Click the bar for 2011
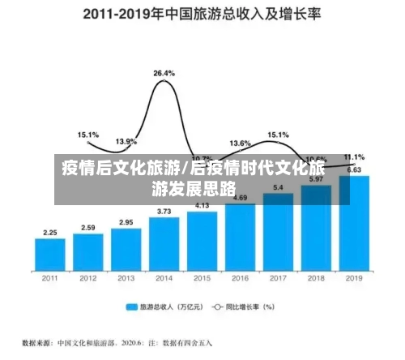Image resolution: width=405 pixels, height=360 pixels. [x=50, y=254]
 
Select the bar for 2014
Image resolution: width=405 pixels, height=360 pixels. [x=164, y=243]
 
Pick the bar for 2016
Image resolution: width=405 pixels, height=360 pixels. [x=240, y=236]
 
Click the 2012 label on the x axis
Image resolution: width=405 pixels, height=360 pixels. [x=88, y=279]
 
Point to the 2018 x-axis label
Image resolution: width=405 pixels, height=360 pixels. [x=315, y=279]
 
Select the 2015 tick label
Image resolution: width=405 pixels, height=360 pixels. [x=202, y=279]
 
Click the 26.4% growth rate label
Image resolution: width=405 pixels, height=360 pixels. [x=164, y=73]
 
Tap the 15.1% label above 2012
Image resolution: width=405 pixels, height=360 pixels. [x=88, y=135]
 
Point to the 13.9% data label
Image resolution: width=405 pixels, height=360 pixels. [x=126, y=142]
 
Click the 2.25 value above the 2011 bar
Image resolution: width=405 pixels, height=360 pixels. [x=50, y=233]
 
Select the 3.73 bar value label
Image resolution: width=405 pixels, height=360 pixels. [x=164, y=212]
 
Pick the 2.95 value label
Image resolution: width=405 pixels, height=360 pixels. [x=126, y=222]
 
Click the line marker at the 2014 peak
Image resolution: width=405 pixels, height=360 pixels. [x=164, y=81]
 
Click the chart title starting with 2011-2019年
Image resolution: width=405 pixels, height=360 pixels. [x=202, y=13]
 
